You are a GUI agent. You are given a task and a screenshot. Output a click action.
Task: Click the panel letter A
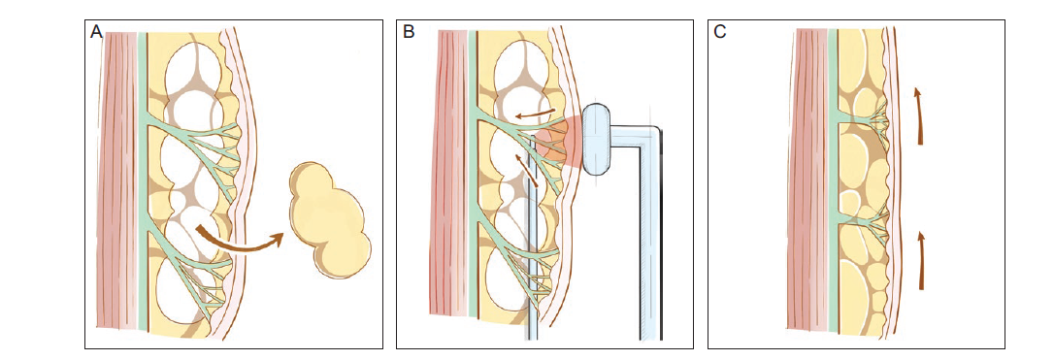click(96, 32)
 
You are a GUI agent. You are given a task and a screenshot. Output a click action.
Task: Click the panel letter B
click(409, 32)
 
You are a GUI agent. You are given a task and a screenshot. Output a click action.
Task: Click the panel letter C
click(719, 32)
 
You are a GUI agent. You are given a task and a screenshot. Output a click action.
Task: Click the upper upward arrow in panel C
click(919, 115)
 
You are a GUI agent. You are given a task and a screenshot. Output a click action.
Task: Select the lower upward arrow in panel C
click(920, 260)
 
